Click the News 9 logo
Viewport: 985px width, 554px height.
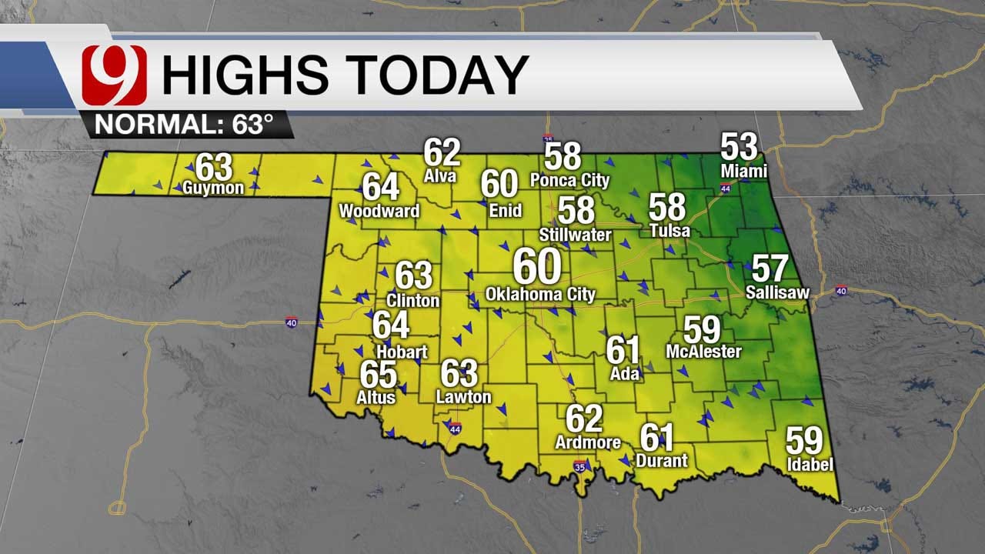[114, 75]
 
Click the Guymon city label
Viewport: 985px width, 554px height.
[213, 188]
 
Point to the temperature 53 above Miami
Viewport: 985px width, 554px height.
[739, 146]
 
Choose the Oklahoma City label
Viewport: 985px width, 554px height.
[540, 294]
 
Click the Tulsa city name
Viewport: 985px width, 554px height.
[669, 231]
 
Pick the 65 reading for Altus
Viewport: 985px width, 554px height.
[378, 375]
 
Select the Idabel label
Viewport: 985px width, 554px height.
[810, 465]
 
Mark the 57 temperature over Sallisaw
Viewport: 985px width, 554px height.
[769, 269]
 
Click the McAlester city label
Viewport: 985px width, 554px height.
[703, 352]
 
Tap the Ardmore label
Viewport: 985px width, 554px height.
[588, 442]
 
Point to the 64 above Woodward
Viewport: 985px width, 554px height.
[380, 188]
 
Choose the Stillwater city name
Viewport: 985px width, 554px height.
[576, 235]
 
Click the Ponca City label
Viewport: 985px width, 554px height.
[569, 181]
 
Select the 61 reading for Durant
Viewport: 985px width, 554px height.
[657, 439]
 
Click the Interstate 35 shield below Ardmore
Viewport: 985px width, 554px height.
[579, 467]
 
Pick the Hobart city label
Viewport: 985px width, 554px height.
[401, 352]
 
